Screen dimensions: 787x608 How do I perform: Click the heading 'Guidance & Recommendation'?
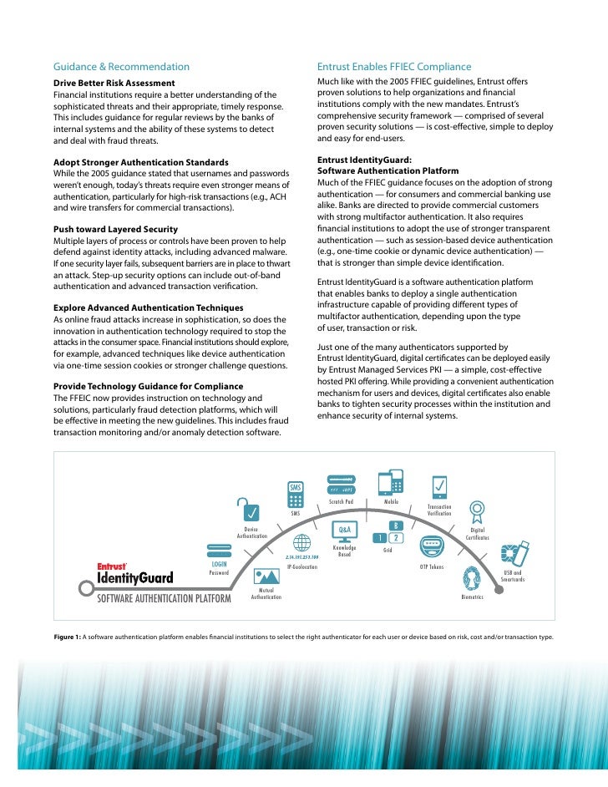tap(121, 67)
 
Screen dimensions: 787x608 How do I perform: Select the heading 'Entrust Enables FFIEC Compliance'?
tap(394, 67)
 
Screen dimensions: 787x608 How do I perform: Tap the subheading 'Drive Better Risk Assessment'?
tap(114, 84)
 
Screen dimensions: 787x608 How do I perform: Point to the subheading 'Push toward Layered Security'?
tap(115, 229)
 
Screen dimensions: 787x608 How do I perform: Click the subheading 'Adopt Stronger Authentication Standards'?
tap(141, 161)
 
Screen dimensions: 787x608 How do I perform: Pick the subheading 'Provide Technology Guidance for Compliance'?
tap(149, 386)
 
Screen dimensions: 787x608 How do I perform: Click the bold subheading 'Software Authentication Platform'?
tap(388, 171)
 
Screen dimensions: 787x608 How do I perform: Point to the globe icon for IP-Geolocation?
tap(301, 543)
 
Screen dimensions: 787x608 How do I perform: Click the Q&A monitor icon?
tap(343, 532)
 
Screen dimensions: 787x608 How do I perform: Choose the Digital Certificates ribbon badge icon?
tap(478, 512)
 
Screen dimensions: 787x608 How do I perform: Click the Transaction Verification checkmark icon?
tap(439, 486)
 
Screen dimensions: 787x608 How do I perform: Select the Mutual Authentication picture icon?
tap(266, 576)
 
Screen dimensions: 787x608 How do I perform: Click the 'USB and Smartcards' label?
tap(513, 576)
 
